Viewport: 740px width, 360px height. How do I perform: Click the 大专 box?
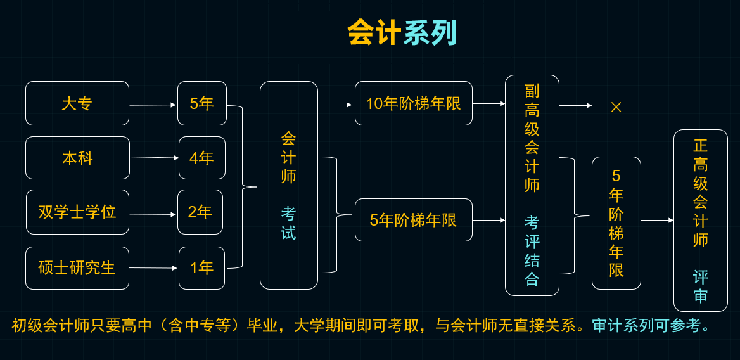[x=77, y=103]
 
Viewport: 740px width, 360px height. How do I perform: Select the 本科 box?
[x=77, y=158]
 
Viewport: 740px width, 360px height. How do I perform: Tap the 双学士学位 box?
[x=77, y=212]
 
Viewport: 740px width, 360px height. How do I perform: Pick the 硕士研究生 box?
[x=77, y=268]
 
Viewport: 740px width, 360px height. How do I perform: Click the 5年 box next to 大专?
[x=202, y=103]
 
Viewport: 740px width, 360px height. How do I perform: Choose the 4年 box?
[x=202, y=158]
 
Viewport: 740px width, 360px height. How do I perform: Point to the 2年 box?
[x=200, y=212]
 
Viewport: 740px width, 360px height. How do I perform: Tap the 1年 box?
[x=202, y=268]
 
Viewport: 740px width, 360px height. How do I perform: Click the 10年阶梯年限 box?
[x=414, y=103]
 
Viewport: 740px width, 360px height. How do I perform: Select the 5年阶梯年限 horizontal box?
[x=414, y=220]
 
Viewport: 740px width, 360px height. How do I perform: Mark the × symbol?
[x=616, y=107]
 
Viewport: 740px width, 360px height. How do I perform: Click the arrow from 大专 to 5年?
[x=153, y=105]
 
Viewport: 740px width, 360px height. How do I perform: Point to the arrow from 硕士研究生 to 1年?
[x=153, y=268]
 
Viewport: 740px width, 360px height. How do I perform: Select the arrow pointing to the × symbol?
[x=576, y=106]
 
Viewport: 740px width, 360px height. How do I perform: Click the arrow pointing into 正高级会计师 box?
[x=658, y=221]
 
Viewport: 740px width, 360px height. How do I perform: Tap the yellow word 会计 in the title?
[x=374, y=33]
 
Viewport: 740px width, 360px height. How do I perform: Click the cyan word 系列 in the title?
[x=430, y=33]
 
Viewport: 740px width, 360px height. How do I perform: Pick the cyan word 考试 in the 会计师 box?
[x=289, y=222]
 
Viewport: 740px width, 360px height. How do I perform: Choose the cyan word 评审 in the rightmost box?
[x=701, y=286]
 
